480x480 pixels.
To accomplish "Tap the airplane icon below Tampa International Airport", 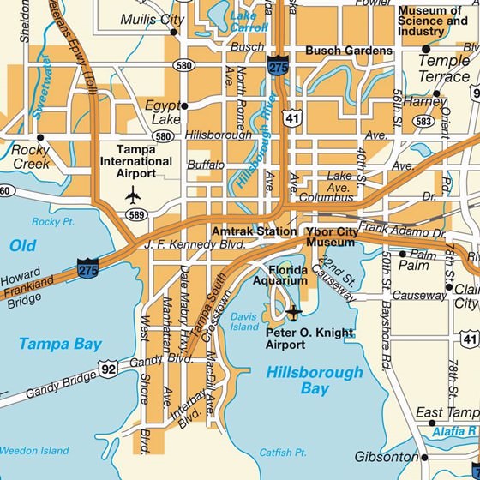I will [x=133, y=195].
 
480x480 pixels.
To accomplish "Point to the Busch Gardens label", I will [x=348, y=51].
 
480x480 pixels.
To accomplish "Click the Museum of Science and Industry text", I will [x=433, y=21].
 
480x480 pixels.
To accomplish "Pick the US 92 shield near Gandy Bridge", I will [x=108, y=369].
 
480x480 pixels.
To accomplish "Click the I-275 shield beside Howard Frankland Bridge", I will [x=87, y=267].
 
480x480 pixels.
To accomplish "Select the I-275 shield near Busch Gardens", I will [x=277, y=67].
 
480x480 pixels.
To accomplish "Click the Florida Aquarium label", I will [x=279, y=274].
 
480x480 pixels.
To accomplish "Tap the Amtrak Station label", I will [x=254, y=231].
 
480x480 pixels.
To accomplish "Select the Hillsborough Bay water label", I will [x=314, y=381].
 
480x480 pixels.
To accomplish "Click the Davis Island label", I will [x=244, y=321].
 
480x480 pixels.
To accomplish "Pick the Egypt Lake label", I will [x=163, y=111].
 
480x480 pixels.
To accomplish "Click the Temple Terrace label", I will [x=443, y=69].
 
